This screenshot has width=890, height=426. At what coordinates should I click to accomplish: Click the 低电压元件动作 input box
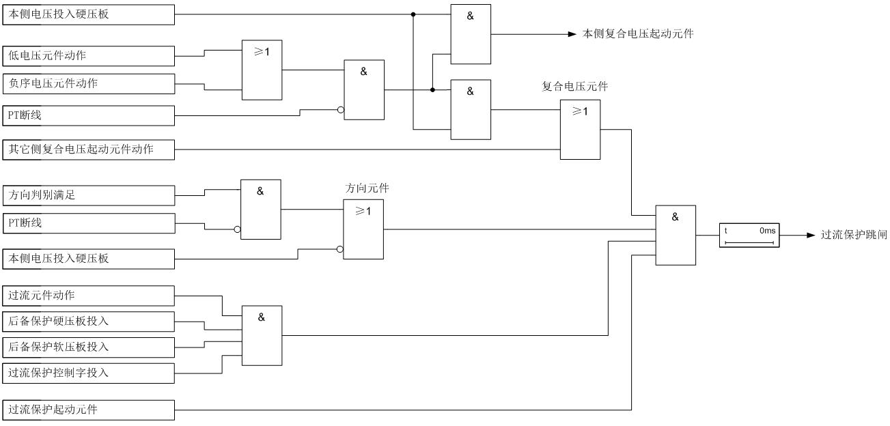(89, 55)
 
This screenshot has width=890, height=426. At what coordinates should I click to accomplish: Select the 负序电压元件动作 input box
(89, 84)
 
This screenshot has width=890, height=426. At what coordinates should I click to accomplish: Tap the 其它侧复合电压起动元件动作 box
(89, 150)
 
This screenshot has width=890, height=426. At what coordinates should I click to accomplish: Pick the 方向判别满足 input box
(89, 195)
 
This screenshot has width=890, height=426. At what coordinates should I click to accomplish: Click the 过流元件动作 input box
(89, 296)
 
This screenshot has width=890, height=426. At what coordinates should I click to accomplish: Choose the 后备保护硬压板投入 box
(89, 322)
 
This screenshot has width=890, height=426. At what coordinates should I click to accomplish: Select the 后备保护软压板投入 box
(89, 347)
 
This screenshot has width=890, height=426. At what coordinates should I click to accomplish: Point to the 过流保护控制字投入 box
(89, 373)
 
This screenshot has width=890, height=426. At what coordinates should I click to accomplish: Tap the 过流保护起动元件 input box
(89, 410)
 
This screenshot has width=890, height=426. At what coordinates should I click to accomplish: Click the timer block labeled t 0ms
(749, 236)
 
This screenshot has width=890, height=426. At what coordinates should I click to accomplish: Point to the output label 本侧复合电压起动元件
(638, 33)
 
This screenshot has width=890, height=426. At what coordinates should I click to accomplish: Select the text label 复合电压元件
(574, 87)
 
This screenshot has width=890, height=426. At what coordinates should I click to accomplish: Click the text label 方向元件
(367, 188)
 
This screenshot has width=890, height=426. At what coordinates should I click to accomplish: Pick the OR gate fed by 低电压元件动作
(262, 70)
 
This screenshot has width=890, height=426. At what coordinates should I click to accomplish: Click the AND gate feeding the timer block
(676, 235)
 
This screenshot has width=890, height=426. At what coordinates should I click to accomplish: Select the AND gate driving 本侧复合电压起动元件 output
(471, 33)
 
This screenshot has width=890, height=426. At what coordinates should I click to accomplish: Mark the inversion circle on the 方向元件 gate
(340, 250)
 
